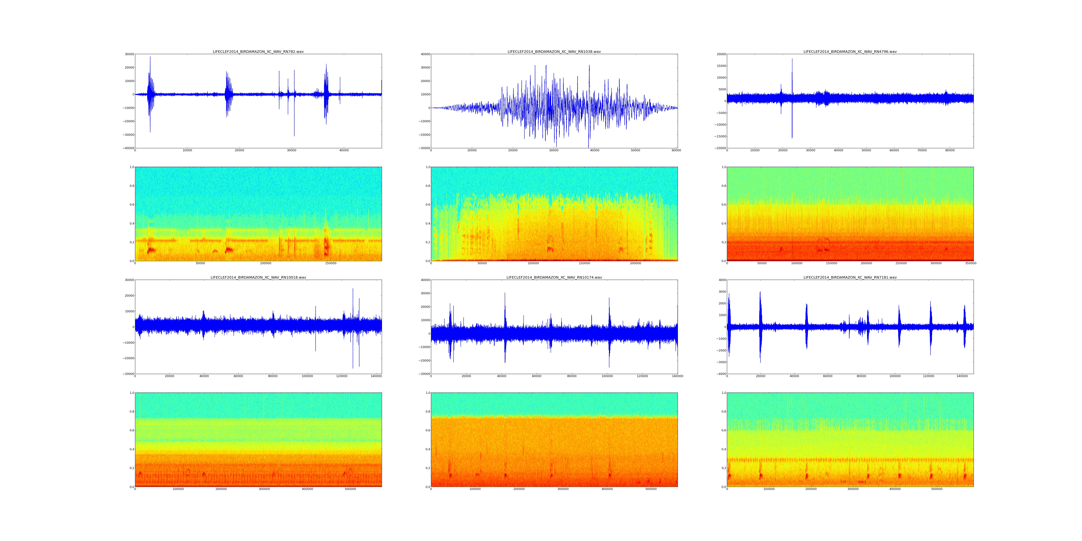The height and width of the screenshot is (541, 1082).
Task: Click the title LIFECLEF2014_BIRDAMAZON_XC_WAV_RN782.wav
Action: coord(258,52)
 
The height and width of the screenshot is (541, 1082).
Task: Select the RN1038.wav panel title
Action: coord(554,52)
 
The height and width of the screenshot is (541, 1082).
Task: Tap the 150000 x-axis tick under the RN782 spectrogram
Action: coord(331,263)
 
